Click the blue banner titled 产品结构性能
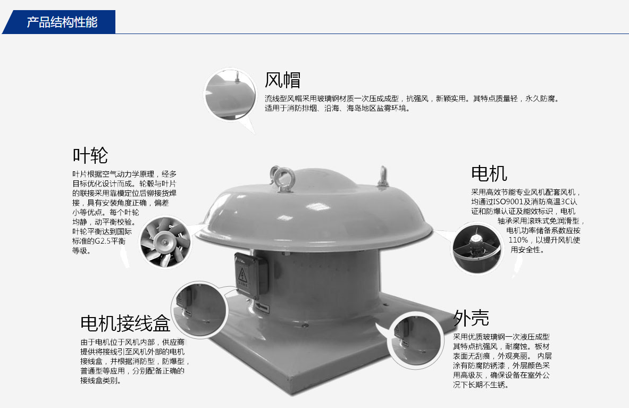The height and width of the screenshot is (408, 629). tap(60, 22)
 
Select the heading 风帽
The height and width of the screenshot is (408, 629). tap(282, 80)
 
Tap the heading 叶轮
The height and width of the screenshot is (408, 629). tap(90, 155)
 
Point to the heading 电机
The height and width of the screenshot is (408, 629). tap(489, 173)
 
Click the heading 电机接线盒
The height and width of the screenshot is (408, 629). tap(125, 323)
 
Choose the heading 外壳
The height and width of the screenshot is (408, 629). tap(471, 318)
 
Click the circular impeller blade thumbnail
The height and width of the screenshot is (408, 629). tap(166, 242)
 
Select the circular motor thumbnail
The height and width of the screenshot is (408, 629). tap(477, 249)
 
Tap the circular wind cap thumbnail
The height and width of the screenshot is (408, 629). tap(230, 94)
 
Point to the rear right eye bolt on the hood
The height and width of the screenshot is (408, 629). tap(383, 177)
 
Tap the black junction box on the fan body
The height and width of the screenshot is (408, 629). tap(251, 276)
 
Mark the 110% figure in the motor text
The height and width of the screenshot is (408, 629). tap(518, 240)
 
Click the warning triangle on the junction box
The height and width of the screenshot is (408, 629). tap(242, 275)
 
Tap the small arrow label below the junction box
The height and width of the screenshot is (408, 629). tap(262, 307)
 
